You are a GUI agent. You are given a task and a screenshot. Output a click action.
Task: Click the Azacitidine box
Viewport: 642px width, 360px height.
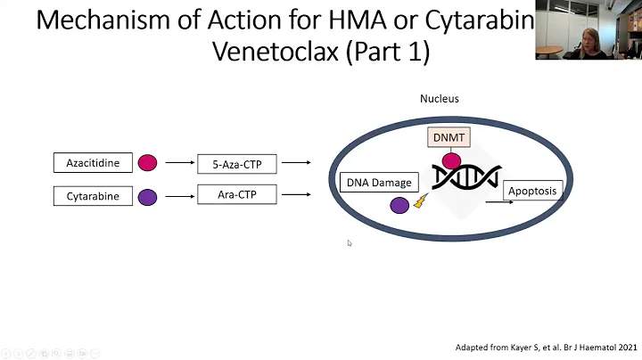coord(93,163)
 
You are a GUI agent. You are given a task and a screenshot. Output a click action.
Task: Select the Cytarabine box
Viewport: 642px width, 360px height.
coord(93,196)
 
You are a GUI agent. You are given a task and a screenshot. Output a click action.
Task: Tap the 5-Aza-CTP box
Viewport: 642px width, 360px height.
coord(236,163)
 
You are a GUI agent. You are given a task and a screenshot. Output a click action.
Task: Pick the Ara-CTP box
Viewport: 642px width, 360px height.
coord(236,193)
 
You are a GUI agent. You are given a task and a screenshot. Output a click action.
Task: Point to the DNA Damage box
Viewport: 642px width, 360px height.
coord(379,183)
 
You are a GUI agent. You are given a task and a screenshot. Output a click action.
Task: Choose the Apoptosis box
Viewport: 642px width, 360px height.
coord(533,190)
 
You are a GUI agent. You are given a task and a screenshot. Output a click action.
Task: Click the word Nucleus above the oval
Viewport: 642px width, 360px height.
coord(439,98)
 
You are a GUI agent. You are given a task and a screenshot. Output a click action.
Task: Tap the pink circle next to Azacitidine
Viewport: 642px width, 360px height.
coord(148,163)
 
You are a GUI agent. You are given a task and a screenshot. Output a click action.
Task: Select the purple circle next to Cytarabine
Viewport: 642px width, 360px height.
coord(148,197)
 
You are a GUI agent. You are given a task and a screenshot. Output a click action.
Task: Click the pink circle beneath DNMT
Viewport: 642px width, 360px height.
coord(452,161)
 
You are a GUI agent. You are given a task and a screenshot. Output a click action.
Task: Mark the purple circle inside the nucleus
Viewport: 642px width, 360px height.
coord(399,205)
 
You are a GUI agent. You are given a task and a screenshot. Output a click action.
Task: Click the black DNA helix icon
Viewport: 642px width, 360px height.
coord(466,177)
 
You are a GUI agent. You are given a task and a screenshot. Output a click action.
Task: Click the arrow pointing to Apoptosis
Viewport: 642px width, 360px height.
coord(498,201)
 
